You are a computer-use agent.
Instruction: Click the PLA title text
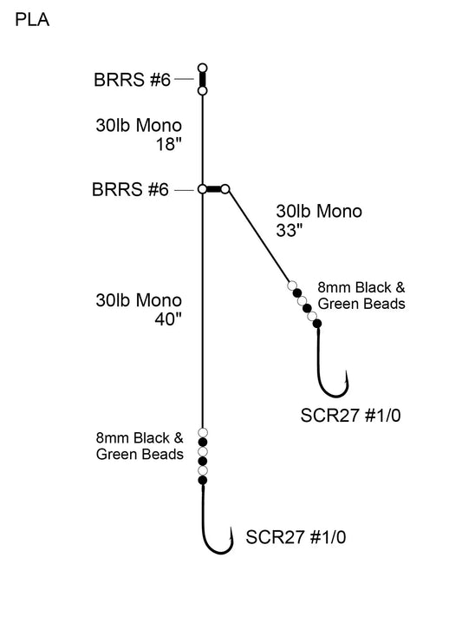(x=32, y=20)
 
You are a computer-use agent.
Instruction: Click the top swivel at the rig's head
(x=202, y=78)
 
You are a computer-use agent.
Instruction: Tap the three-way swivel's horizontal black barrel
(x=213, y=188)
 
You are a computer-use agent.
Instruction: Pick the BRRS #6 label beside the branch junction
(x=131, y=189)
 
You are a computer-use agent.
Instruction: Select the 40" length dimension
(x=165, y=318)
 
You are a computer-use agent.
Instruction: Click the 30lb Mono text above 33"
(x=318, y=210)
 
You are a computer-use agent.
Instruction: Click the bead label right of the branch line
(x=361, y=295)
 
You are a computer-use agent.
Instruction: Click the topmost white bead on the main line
(x=203, y=432)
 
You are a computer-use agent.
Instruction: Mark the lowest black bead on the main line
(x=203, y=480)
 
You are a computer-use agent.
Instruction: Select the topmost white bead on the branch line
(x=292, y=285)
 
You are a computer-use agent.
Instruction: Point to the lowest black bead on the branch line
(x=317, y=323)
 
